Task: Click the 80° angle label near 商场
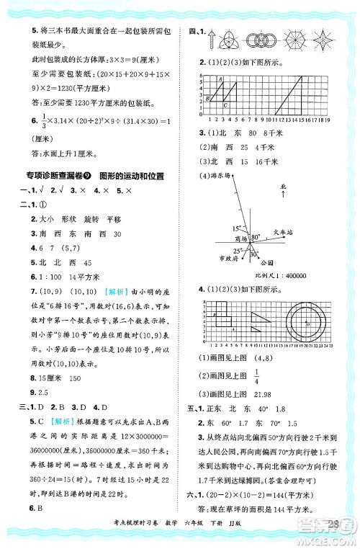pyautogui.click(x=252, y=236)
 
